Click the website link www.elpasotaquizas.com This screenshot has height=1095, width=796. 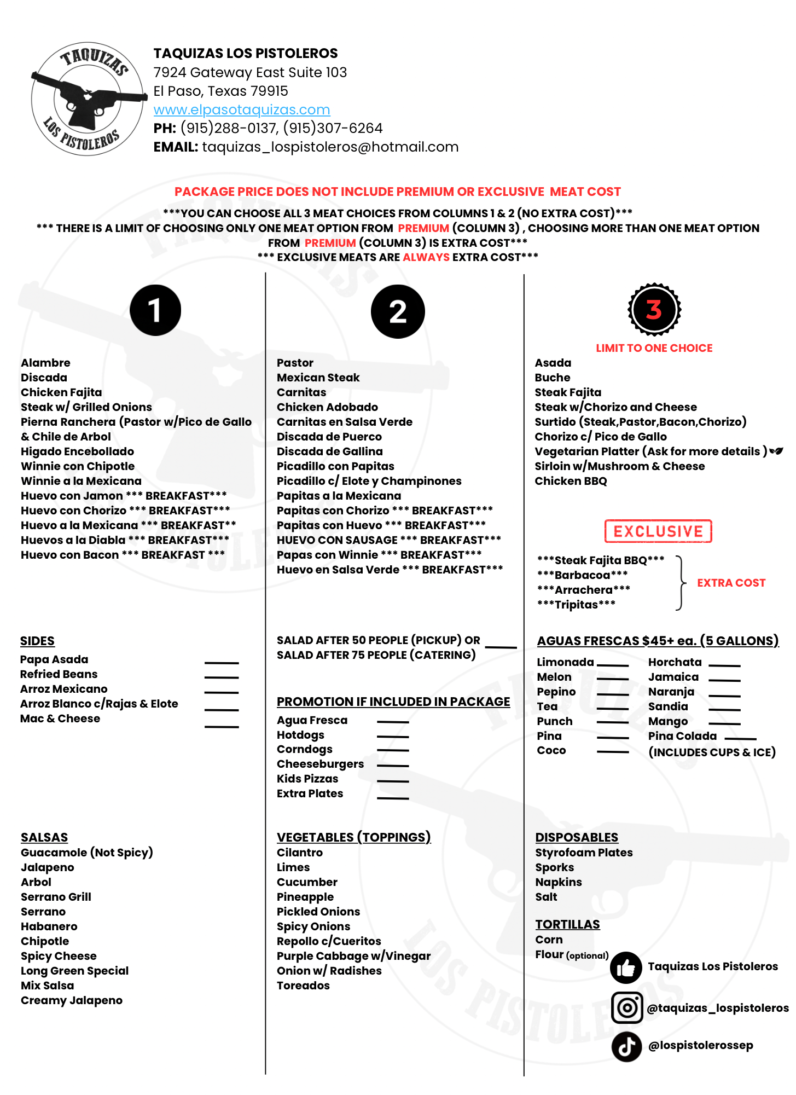(x=241, y=110)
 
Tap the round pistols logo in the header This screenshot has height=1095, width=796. (x=88, y=99)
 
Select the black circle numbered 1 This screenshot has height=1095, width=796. (x=155, y=310)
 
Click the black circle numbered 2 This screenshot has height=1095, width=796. (x=398, y=311)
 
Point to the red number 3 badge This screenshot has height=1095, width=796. (x=654, y=310)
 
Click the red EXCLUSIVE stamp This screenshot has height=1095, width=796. (x=658, y=531)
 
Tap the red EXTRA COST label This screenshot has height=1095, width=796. (x=731, y=583)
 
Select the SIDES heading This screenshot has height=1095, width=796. (x=37, y=641)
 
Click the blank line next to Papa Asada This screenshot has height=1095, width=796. (x=222, y=663)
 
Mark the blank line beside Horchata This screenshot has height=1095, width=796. (x=724, y=665)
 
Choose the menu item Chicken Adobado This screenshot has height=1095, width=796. (x=327, y=407)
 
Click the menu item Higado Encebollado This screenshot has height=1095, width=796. (x=77, y=451)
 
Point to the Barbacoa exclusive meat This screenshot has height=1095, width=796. (x=583, y=575)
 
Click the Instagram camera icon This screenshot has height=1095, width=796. (x=627, y=1007)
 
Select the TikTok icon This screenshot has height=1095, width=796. (x=626, y=1046)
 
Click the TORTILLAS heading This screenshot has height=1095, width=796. (x=567, y=924)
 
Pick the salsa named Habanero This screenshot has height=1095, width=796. (x=49, y=926)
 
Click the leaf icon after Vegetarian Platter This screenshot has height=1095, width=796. (x=776, y=451)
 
